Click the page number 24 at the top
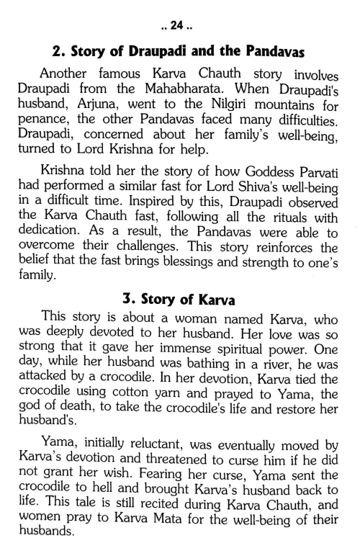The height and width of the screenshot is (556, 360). coord(180,12)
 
